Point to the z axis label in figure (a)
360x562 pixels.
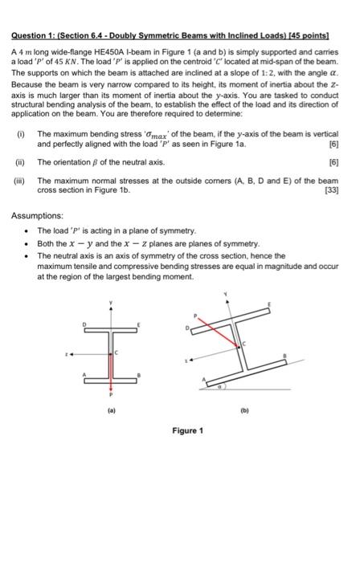coord(70,351)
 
